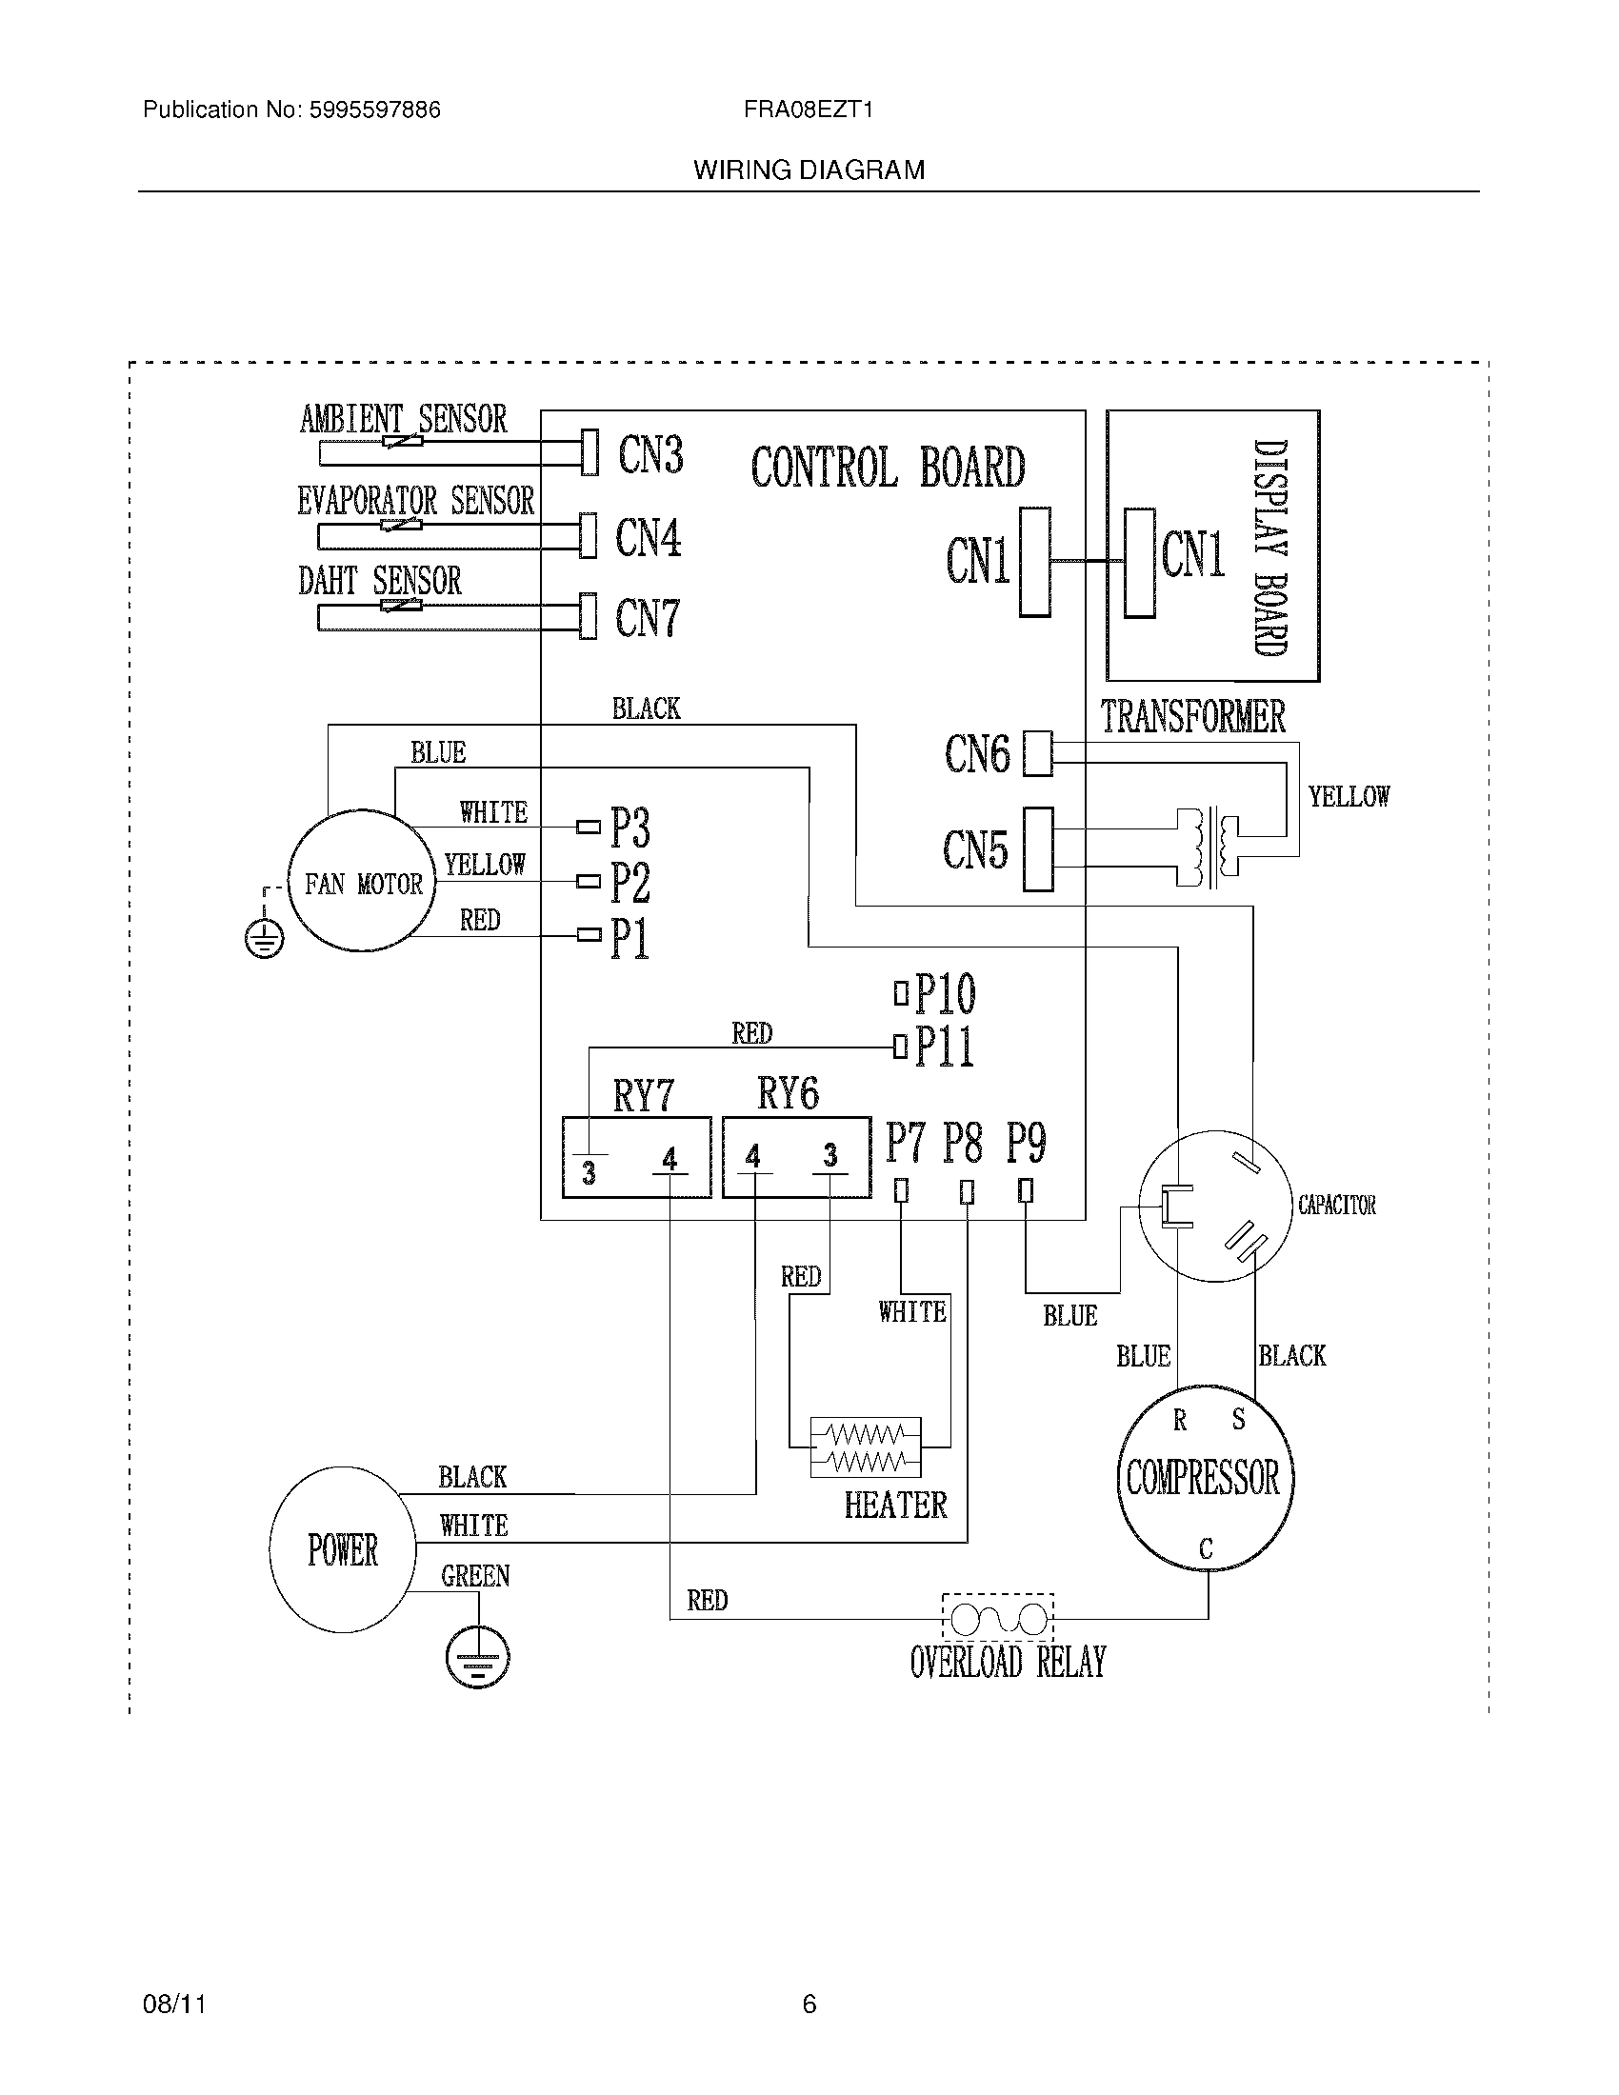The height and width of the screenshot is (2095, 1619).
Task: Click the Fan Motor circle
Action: (x=362, y=883)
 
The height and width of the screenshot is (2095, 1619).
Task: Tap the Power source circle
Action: (x=343, y=1549)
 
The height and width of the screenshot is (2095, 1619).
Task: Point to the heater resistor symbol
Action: (x=865, y=1447)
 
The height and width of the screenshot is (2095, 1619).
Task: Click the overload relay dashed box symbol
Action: (x=997, y=1619)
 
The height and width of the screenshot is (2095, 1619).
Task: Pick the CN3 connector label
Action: (x=650, y=453)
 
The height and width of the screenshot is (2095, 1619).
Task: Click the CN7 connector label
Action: (x=648, y=618)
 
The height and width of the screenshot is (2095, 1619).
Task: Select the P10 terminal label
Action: (x=945, y=994)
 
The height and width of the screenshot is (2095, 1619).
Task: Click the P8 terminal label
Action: (x=962, y=1142)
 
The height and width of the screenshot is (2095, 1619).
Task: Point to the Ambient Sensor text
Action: (x=403, y=419)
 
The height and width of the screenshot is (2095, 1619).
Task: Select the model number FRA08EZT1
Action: (x=808, y=110)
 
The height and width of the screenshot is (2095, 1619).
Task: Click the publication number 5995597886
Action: (x=374, y=110)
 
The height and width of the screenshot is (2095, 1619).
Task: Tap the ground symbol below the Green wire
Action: (x=477, y=1657)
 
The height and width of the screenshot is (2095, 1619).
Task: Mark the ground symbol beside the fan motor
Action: (x=264, y=939)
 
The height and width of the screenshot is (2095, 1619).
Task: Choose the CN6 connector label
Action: (x=976, y=754)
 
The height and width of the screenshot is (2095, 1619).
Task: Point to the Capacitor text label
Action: (x=1336, y=1205)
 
